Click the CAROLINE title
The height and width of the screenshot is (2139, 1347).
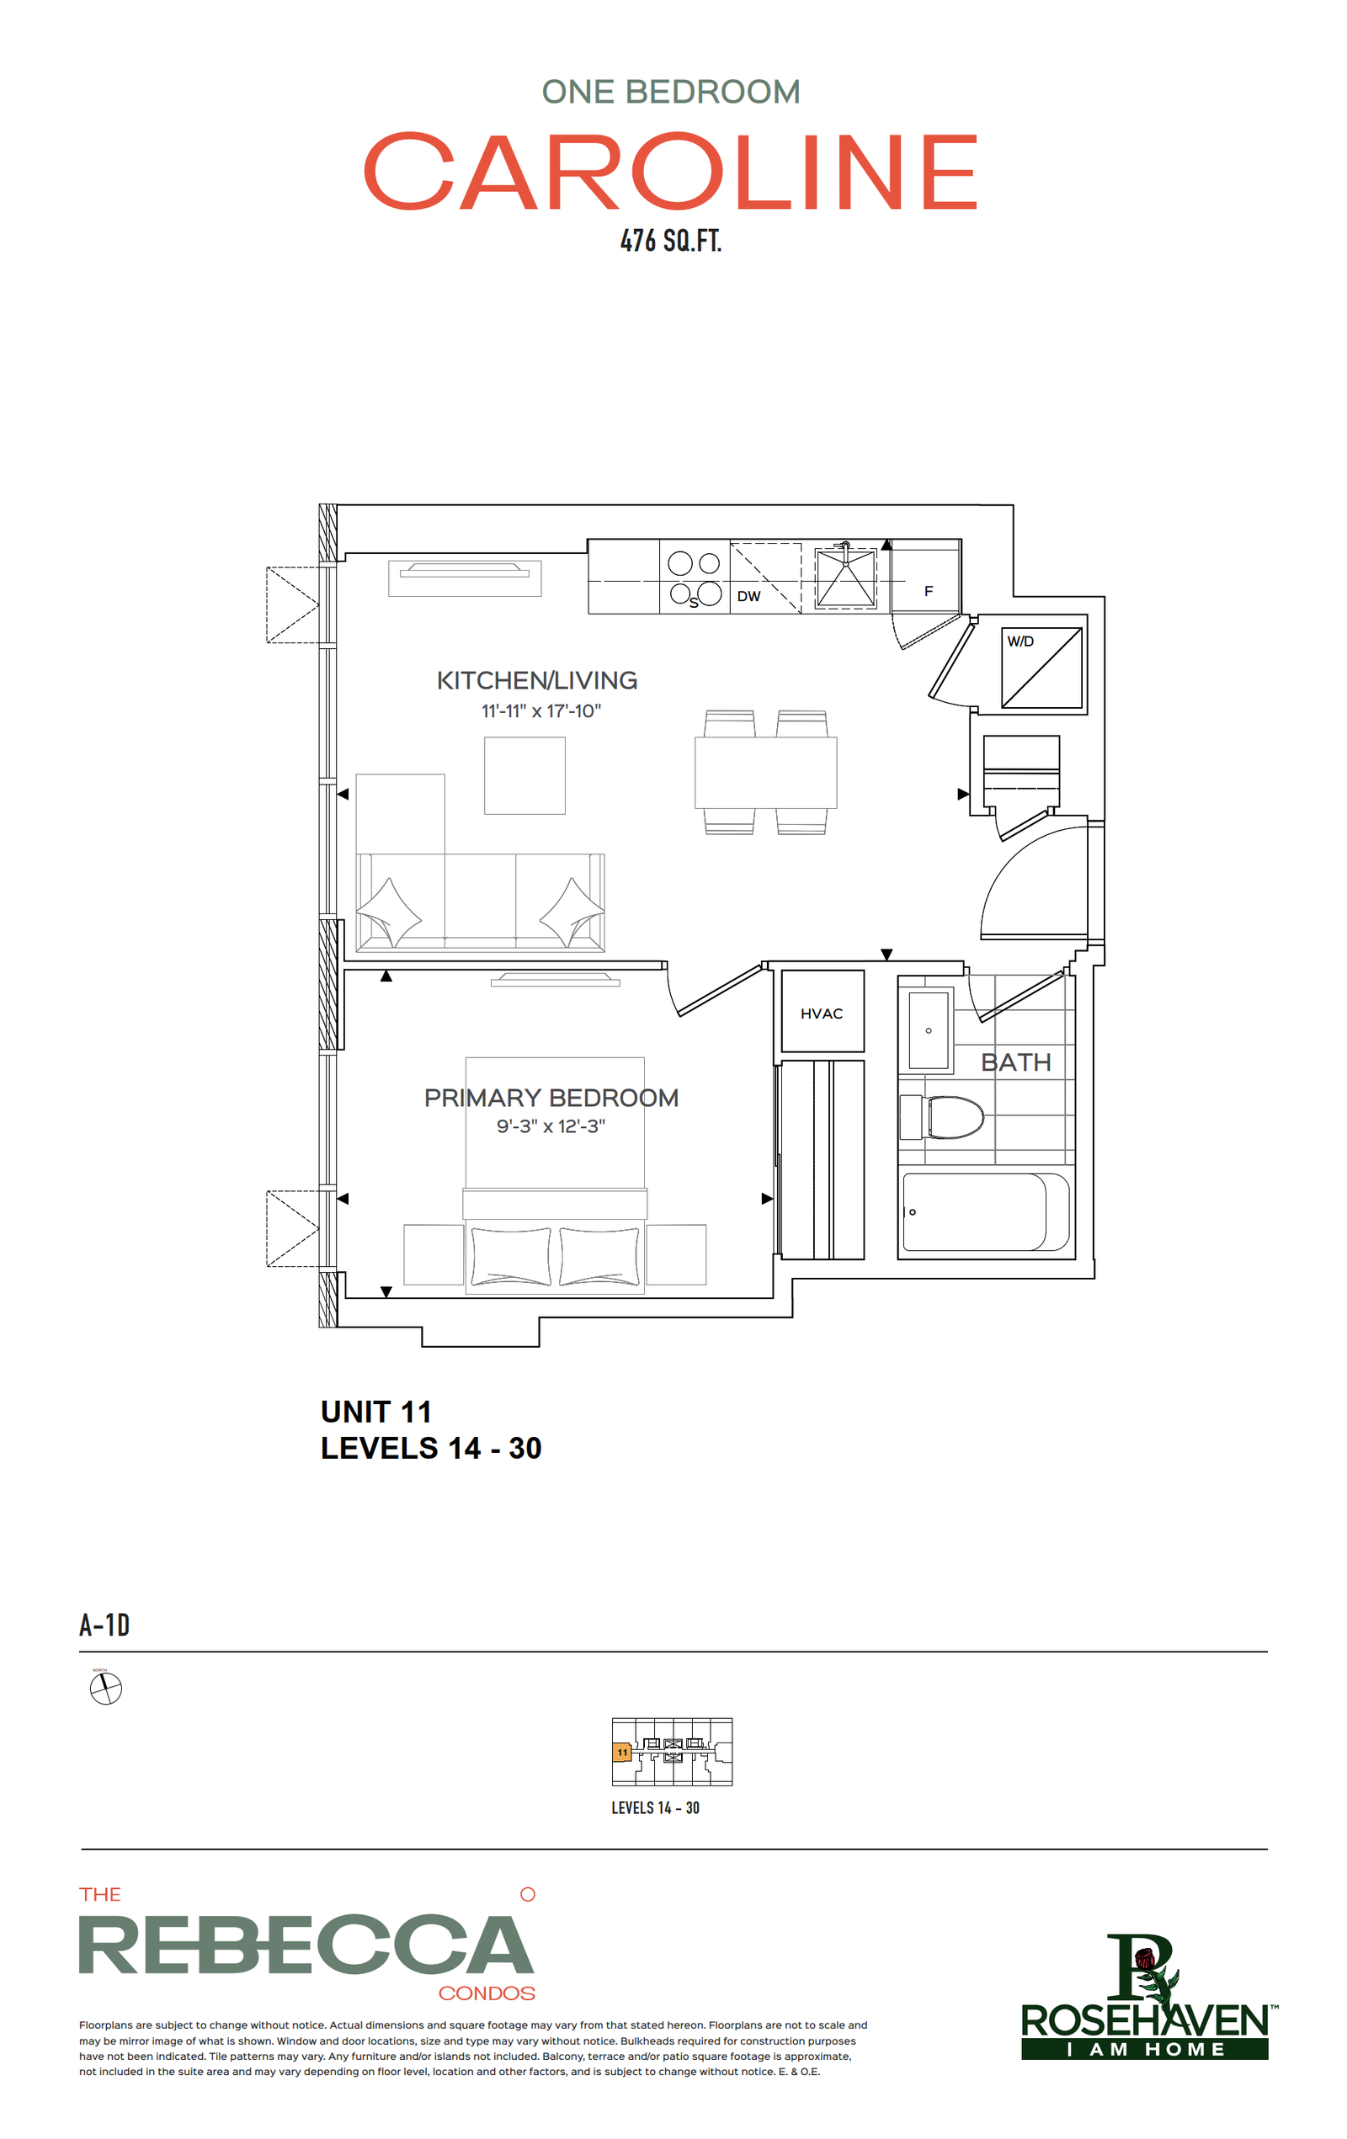pyautogui.click(x=671, y=172)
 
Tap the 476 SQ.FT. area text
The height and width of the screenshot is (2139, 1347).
pyautogui.click(x=671, y=241)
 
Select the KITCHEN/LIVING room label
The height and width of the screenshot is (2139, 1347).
pyautogui.click(x=536, y=680)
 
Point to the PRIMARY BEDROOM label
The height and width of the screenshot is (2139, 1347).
pyautogui.click(x=551, y=1098)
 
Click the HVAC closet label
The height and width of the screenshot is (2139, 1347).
pyautogui.click(x=821, y=1014)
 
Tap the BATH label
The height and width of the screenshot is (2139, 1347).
pyautogui.click(x=1015, y=1062)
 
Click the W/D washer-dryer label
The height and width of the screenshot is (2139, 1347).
pyautogui.click(x=1020, y=641)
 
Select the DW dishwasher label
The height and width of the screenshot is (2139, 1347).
pyautogui.click(x=748, y=596)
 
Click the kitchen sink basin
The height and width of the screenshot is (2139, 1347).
pyautogui.click(x=845, y=578)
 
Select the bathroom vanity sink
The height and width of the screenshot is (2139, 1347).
pyautogui.click(x=929, y=1030)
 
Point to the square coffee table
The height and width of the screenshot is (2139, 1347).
pyautogui.click(x=524, y=775)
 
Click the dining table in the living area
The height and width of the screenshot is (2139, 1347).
pyautogui.click(x=765, y=772)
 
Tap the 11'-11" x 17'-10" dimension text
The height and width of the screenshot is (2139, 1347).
pyautogui.click(x=541, y=710)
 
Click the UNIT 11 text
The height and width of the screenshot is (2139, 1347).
pyautogui.click(x=375, y=1412)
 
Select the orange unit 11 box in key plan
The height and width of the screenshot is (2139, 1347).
pyautogui.click(x=622, y=1753)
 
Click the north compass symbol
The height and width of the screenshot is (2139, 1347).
pyautogui.click(x=106, y=1688)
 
